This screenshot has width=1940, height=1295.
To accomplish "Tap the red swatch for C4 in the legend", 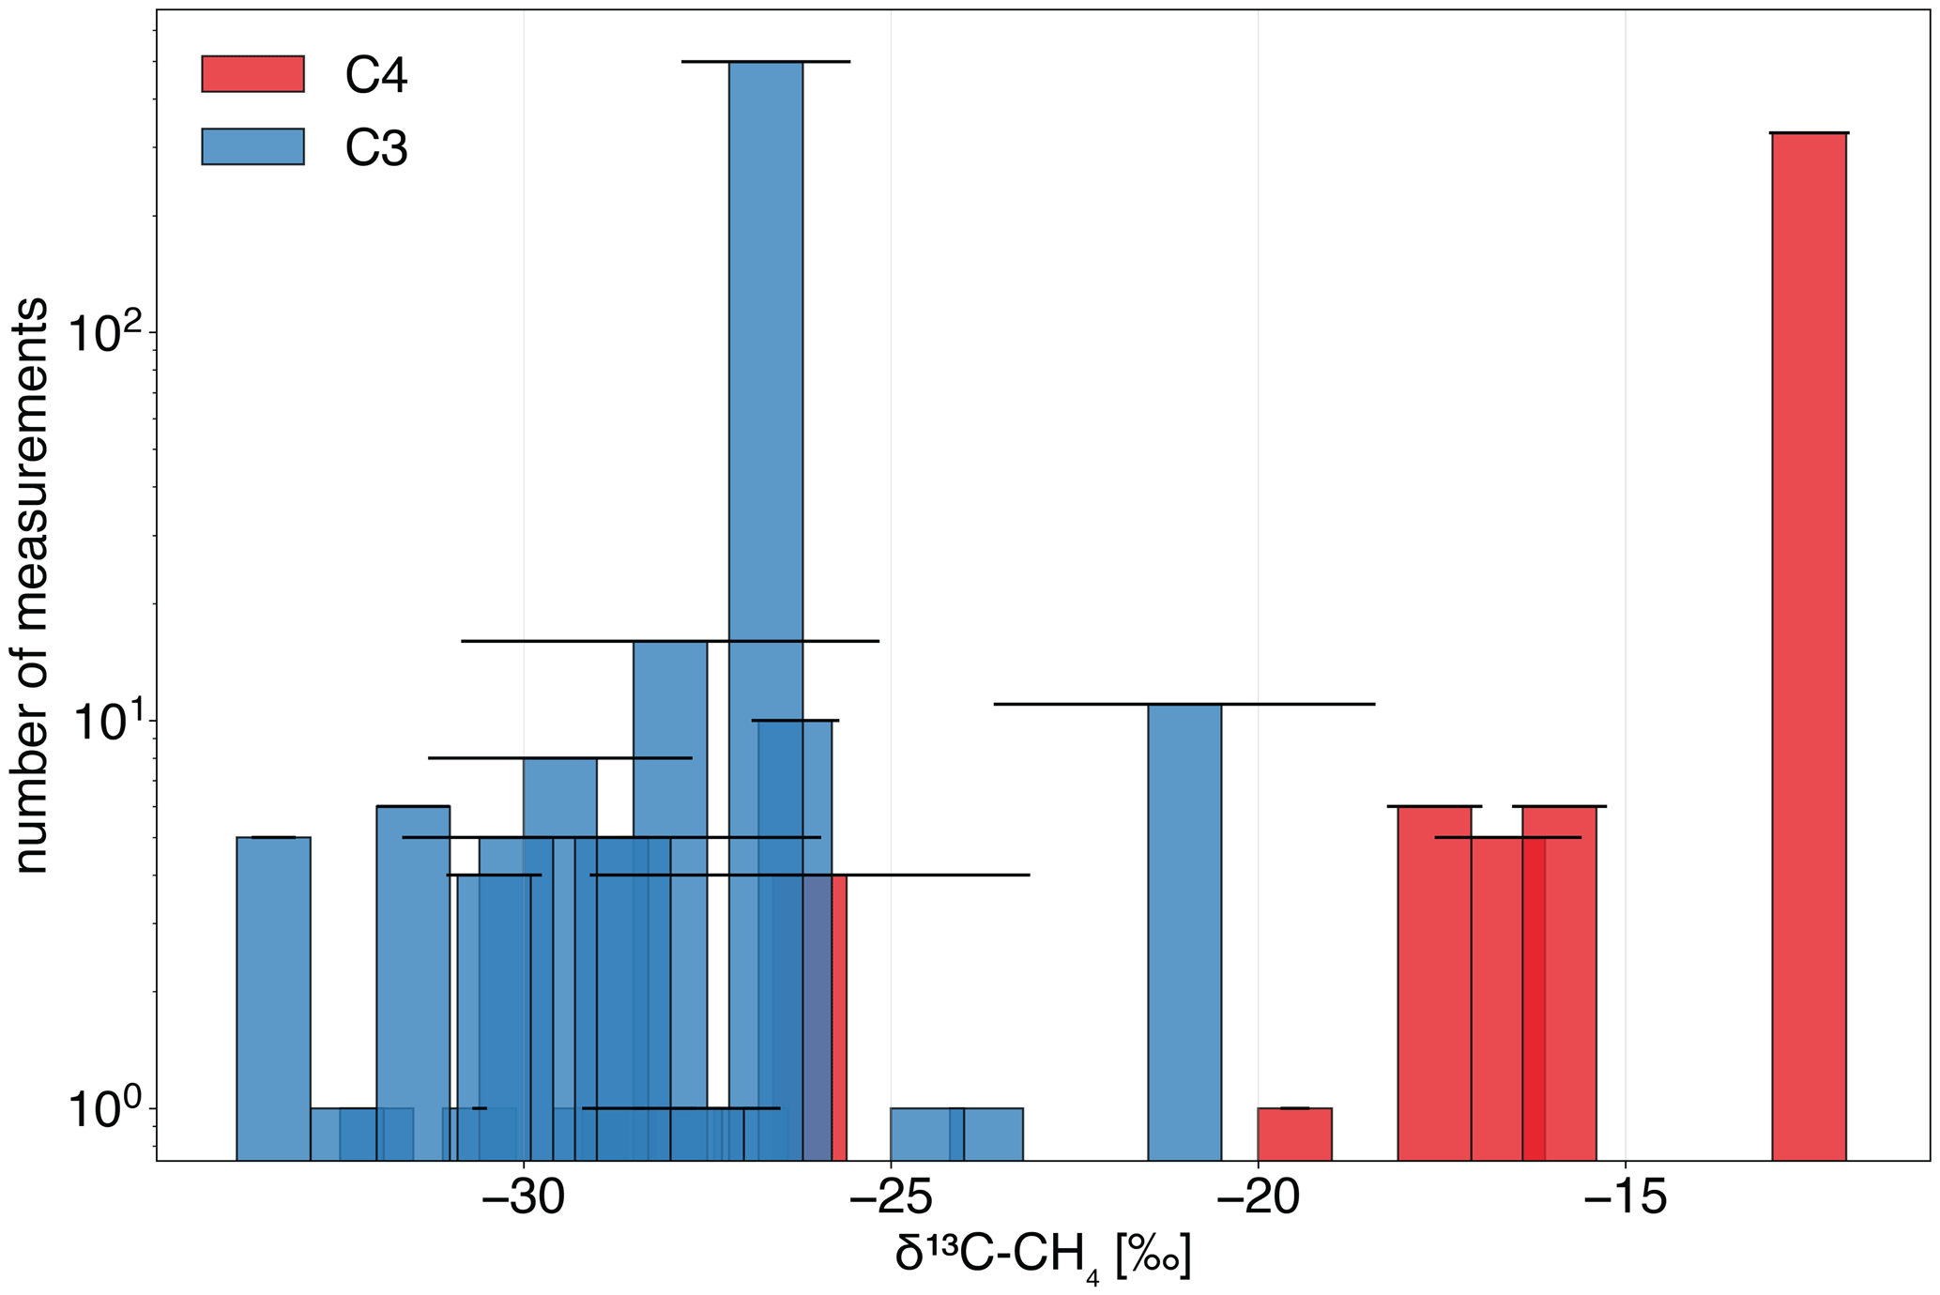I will (x=252, y=74).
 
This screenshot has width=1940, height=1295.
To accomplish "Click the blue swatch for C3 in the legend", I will (x=252, y=146).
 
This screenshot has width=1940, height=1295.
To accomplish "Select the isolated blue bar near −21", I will (x=1184, y=929).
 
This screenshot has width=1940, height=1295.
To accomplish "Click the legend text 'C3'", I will (x=376, y=148).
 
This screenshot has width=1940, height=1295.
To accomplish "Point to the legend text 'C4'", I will (x=376, y=76).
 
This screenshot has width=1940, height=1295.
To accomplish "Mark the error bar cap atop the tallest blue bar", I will (x=766, y=62).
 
